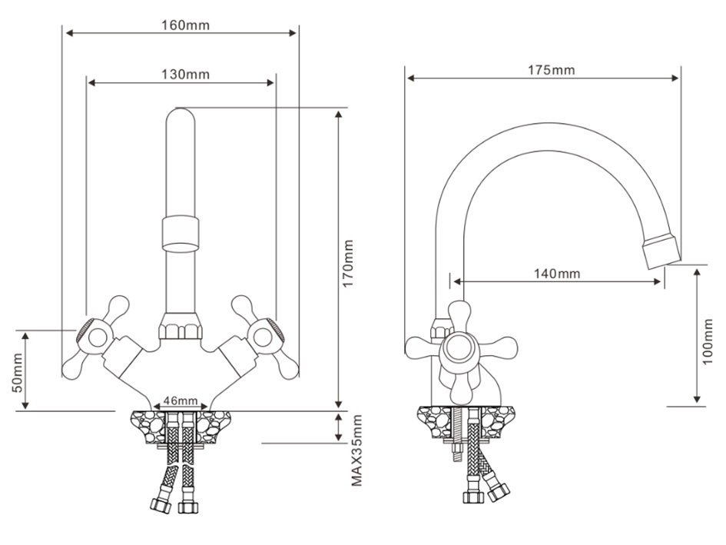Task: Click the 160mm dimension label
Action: pyautogui.click(x=185, y=25)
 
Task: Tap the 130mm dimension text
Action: pyautogui.click(x=185, y=74)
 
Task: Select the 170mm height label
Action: pyautogui.click(x=348, y=263)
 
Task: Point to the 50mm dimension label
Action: pyautogui.click(x=17, y=373)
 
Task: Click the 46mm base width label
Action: pyautogui.click(x=181, y=401)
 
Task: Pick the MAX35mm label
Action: pyautogui.click(x=356, y=450)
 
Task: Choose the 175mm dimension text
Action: pyautogui.click(x=551, y=70)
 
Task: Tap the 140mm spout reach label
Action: pyautogui.click(x=557, y=274)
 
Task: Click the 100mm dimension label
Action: pyautogui.click(x=708, y=341)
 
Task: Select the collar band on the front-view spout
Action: pyautogui.click(x=181, y=234)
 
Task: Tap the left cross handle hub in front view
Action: pyautogui.click(x=98, y=338)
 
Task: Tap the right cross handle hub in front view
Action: pyautogui.click(x=263, y=338)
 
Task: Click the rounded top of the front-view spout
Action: pyautogui.click(x=181, y=116)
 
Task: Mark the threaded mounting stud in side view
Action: pyautogui.click(x=457, y=434)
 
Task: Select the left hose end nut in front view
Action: pyautogui.click(x=161, y=505)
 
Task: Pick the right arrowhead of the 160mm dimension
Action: pyautogui.click(x=292, y=33)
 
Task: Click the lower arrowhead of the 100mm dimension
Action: pyautogui.click(x=698, y=398)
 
